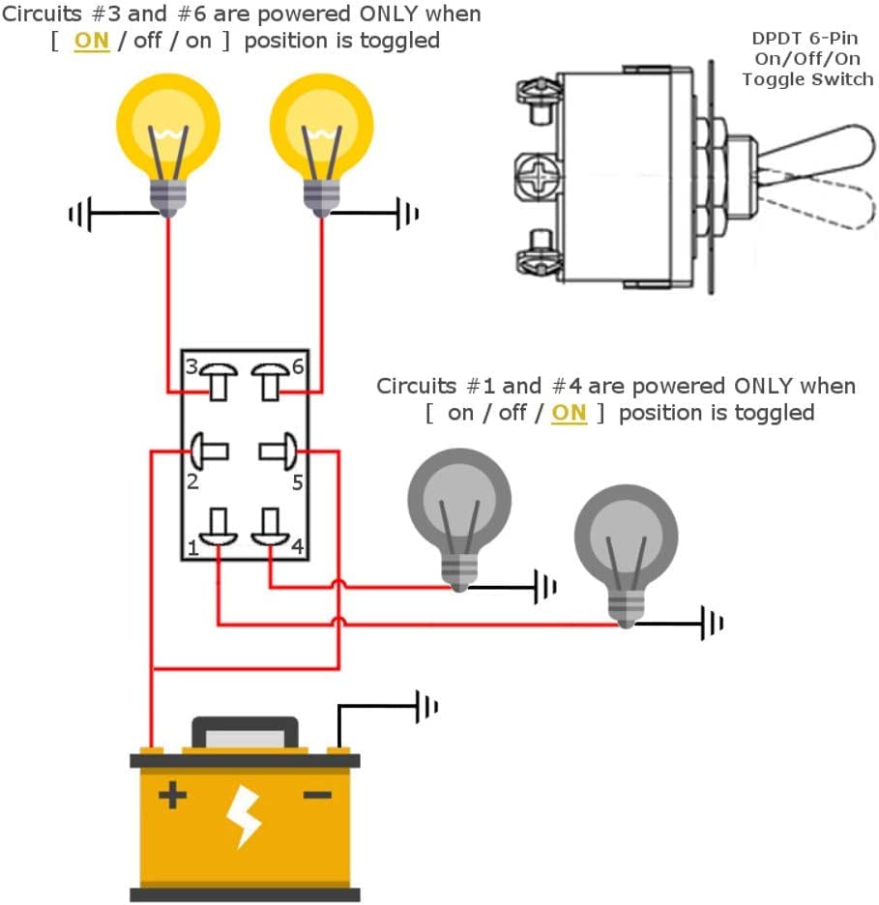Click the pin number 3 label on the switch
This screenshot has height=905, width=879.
pyautogui.click(x=191, y=366)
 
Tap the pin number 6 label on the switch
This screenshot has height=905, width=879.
pyautogui.click(x=298, y=366)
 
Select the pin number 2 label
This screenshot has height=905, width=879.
pyautogui.click(x=192, y=482)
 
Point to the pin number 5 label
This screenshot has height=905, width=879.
pyautogui.click(x=297, y=482)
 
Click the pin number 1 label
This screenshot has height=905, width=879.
pyautogui.click(x=192, y=547)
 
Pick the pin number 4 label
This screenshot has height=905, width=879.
pyautogui.click(x=297, y=545)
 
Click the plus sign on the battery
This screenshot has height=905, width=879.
pyautogui.click(x=172, y=796)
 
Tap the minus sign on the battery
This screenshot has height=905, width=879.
pyautogui.click(x=317, y=796)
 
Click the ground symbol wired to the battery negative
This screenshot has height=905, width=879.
pyautogui.click(x=426, y=707)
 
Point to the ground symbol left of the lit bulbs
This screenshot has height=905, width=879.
pyautogui.click(x=80, y=214)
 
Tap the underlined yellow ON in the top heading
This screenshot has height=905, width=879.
pyautogui.click(x=92, y=42)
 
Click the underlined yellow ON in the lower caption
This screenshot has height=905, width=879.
pyautogui.click(x=569, y=413)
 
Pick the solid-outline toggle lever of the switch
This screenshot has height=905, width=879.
pyautogui.click(x=814, y=149)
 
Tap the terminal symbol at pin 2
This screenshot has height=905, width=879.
pyautogui.click(x=208, y=451)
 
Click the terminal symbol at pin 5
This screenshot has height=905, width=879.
pyautogui.click(x=278, y=451)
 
